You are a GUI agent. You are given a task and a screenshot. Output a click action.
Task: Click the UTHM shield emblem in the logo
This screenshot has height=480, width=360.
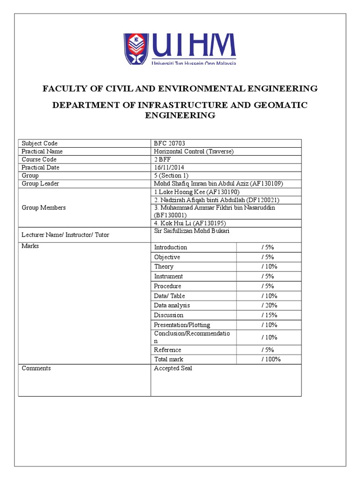tap(136, 49)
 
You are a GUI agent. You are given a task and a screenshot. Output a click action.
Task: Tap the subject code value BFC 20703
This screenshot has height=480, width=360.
tap(173, 143)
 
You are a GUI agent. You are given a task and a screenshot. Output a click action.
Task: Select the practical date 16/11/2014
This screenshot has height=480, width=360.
tap(170, 167)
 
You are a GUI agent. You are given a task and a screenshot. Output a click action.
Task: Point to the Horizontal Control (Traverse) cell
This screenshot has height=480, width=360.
tap(194, 151)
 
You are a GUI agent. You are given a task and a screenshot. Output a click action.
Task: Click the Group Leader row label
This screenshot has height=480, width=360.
tap(40, 183)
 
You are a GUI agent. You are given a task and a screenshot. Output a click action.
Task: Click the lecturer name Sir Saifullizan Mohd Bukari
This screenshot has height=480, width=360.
tap(192, 231)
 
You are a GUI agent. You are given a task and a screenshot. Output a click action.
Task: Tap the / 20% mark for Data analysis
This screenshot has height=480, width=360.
tap(270, 305)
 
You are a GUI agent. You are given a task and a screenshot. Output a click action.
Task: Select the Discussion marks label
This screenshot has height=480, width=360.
tap(169, 315)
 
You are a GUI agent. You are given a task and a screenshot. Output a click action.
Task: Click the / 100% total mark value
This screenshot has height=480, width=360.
tap(271, 359)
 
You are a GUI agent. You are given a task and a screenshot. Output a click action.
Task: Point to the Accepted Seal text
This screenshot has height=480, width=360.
tap(173, 368)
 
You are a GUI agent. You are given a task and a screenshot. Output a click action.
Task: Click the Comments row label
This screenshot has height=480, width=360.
tap(36, 368)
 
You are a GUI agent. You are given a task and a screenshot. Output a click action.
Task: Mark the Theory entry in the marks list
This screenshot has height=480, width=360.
tap(164, 266)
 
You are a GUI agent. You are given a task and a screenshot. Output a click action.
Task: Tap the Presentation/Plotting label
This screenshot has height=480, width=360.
tap(182, 325)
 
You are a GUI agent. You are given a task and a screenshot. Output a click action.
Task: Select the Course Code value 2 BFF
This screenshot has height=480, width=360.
tap(164, 159)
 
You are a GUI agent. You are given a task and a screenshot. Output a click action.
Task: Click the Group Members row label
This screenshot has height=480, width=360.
tap(44, 208)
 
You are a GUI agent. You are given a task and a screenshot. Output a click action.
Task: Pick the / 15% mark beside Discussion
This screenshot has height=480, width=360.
tap(270, 315)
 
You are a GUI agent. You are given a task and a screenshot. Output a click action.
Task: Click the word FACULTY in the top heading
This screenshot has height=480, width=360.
tap(63, 89)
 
